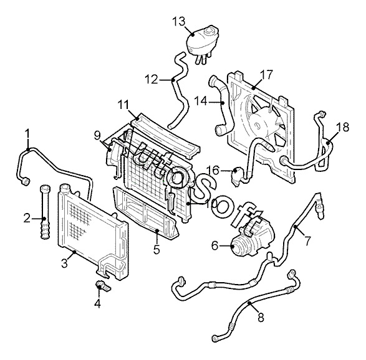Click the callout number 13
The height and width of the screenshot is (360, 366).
coord(179,21)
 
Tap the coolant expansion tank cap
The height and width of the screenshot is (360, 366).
coord(210,31)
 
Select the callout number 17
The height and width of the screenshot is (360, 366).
coord(266,74)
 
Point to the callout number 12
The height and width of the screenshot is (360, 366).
coord(152,79)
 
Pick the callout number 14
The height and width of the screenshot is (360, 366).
coord(201,101)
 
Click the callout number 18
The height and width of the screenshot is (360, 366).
coord(343,127)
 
